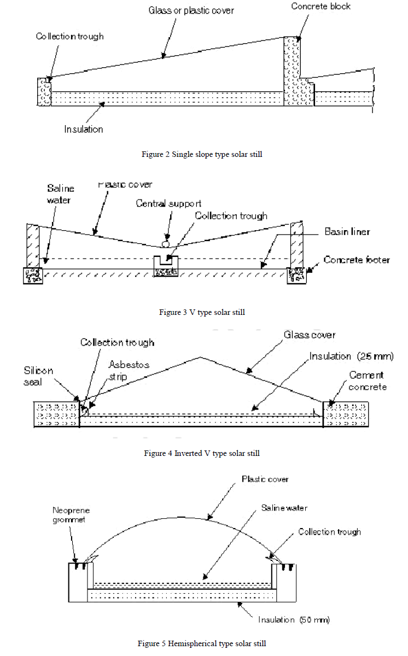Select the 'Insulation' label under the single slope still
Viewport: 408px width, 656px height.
tap(83, 130)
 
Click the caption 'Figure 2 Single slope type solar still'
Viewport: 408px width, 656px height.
tap(202, 155)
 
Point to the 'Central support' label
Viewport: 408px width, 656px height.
tap(168, 204)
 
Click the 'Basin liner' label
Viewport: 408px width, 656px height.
tap(347, 232)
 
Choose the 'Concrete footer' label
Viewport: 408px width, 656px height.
tap(357, 260)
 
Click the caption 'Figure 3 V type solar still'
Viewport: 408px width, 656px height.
tap(202, 312)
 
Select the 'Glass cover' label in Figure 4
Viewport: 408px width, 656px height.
tap(310, 335)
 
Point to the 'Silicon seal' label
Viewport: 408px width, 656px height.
tap(39, 376)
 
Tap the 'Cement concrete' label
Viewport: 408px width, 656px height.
tap(367, 381)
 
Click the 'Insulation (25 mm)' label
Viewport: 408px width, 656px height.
tap(351, 356)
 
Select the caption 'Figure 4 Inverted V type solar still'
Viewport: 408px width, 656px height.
tap(202, 453)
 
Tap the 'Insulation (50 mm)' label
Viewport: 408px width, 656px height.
tap(294, 619)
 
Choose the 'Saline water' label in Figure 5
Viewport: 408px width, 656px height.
tap(284, 508)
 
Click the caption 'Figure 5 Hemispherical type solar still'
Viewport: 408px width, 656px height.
tap(202, 643)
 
